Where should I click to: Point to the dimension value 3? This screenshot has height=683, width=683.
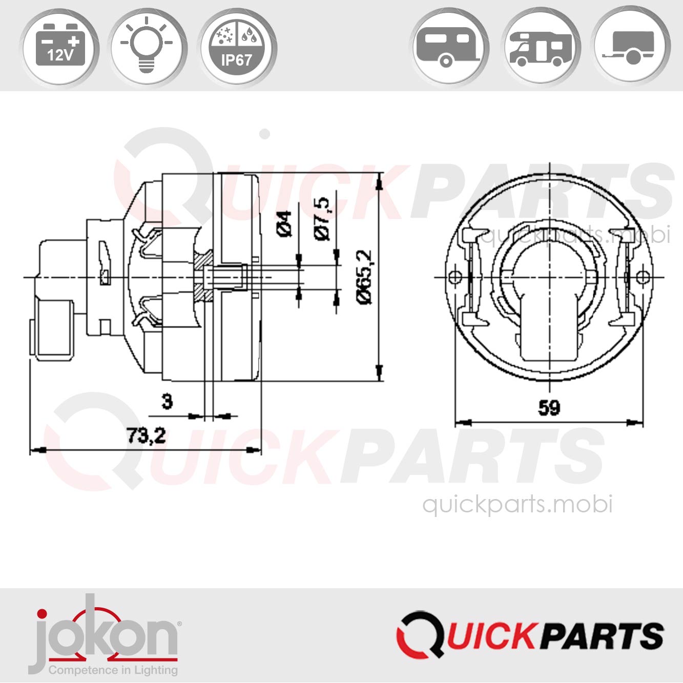pyautogui.click(x=167, y=401)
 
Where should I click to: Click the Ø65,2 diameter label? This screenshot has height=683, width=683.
pyautogui.click(x=365, y=277)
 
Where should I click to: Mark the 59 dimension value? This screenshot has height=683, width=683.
pyautogui.click(x=549, y=408)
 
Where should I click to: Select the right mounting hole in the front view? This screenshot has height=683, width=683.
pyautogui.click(x=643, y=277)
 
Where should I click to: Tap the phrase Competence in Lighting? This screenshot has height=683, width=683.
pyautogui.click(x=113, y=670)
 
